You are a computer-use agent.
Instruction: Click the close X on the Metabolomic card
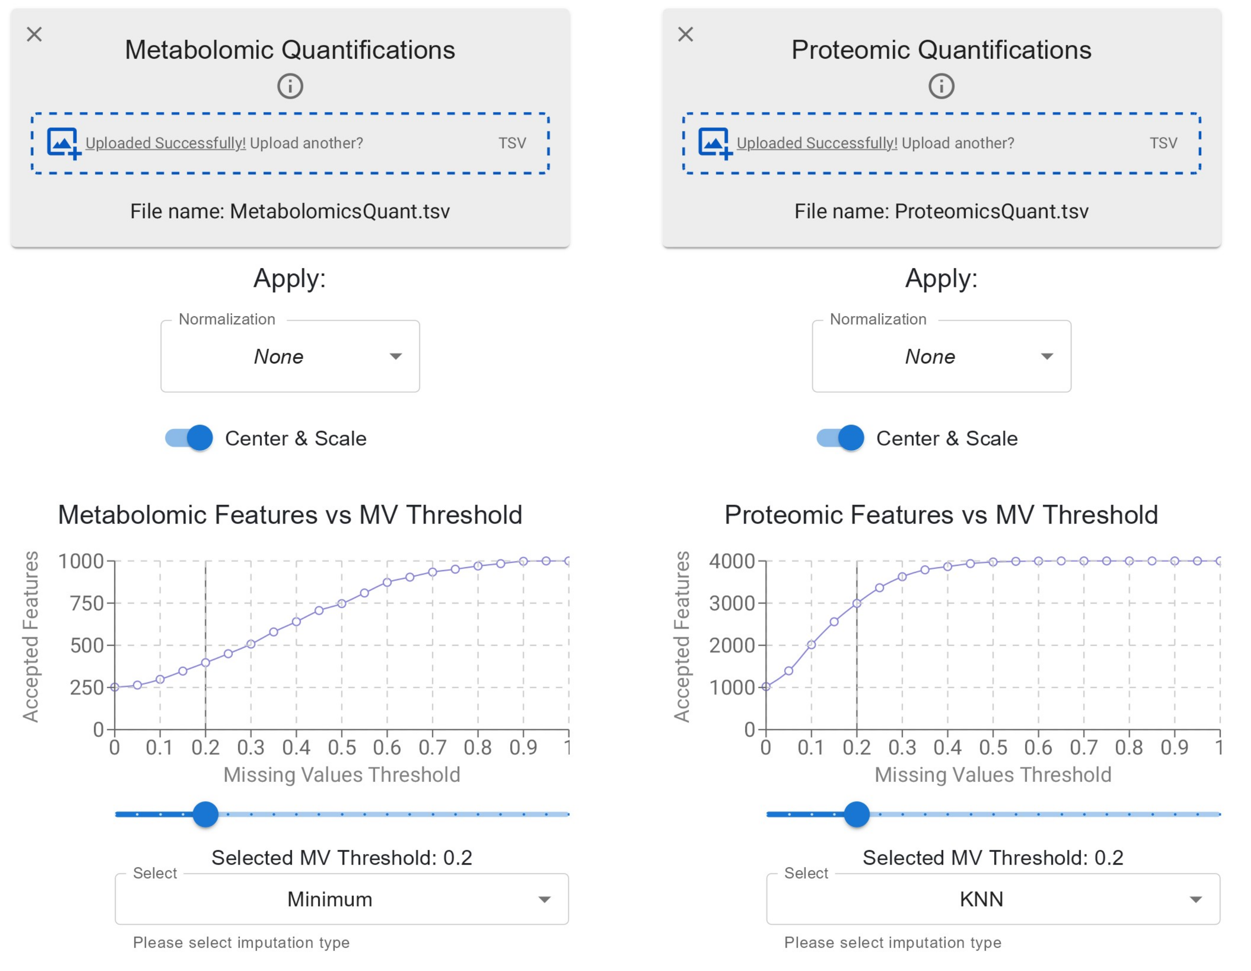[x=34, y=34]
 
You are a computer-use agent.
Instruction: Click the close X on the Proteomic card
[x=686, y=34]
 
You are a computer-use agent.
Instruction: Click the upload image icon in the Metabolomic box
[x=64, y=143]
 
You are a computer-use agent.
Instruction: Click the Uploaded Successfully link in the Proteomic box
[x=817, y=143]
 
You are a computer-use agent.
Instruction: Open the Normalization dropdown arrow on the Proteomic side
[x=1047, y=356]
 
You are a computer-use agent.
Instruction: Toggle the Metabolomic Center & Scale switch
[x=189, y=438]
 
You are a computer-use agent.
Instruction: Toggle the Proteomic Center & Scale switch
[x=840, y=438]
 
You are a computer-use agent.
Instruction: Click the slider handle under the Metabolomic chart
[x=206, y=814]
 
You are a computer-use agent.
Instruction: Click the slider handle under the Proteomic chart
[x=857, y=814]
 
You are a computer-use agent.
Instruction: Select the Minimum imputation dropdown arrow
[x=545, y=899]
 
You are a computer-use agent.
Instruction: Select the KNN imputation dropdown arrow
[x=1196, y=899]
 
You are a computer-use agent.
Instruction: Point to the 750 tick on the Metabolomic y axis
[x=110, y=603]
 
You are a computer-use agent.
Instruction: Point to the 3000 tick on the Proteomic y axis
[x=761, y=603]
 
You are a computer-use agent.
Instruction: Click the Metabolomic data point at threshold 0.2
[x=206, y=663]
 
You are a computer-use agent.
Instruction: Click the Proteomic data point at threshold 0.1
[x=811, y=645]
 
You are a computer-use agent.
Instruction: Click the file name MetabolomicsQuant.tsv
[x=340, y=211]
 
